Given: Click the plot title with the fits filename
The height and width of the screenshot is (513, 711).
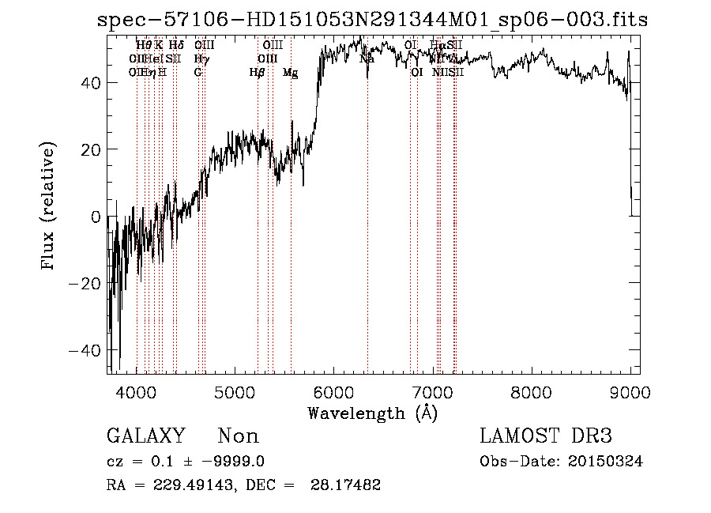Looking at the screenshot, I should point(371,20).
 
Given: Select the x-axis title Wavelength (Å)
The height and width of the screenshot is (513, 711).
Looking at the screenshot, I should point(372,413).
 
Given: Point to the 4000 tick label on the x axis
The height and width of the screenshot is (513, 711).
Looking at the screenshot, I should point(137,392).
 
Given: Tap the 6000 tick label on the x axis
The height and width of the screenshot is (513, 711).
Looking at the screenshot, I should point(334,392).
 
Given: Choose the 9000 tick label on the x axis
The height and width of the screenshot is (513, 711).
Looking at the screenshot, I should point(630,392).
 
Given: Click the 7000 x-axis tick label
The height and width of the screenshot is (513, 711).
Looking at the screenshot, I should point(433,392).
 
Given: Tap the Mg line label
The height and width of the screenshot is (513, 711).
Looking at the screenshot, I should point(290,73).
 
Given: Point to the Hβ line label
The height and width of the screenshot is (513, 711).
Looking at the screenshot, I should point(257,73).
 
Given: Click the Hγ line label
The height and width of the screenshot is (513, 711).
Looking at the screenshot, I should point(201,59).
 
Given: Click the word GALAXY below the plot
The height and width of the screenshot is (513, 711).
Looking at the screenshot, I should point(145,436).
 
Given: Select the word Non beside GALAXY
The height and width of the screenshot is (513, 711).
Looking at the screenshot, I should point(238,436).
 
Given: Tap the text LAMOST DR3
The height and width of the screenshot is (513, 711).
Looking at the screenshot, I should point(545,436).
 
